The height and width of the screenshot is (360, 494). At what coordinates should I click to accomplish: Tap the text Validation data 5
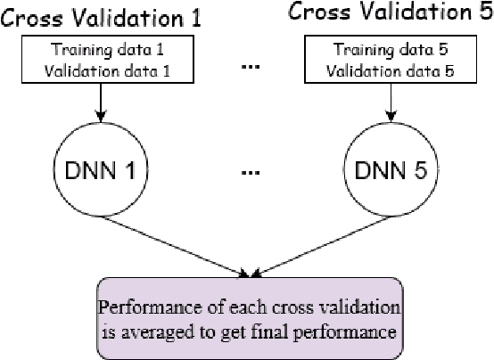(386, 68)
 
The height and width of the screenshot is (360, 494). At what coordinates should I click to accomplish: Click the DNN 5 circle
(385, 168)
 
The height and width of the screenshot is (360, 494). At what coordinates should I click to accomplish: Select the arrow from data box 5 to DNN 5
(385, 103)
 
